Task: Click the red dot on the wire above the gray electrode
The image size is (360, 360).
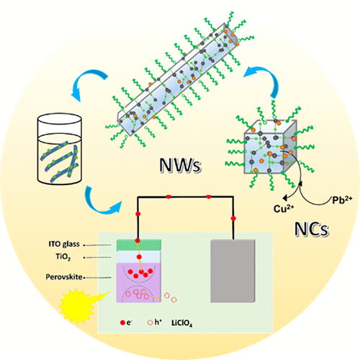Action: click(233, 217)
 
